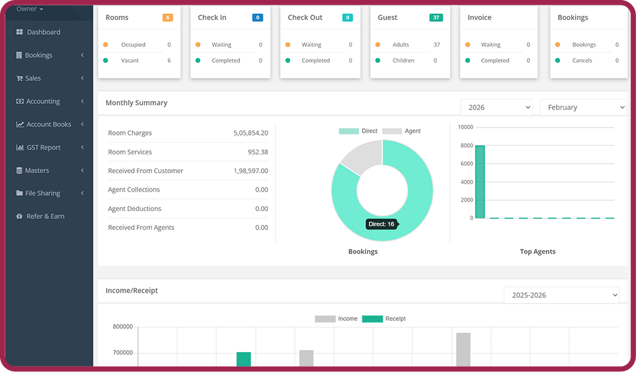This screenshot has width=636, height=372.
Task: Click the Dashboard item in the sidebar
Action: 43,32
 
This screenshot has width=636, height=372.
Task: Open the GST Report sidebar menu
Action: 43,147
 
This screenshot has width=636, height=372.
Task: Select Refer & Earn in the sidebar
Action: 45,216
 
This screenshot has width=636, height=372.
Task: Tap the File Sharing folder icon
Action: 20,193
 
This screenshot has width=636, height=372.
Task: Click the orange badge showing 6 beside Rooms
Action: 167,17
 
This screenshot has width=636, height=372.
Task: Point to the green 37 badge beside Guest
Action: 436,17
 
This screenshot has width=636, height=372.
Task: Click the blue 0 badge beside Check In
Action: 257,17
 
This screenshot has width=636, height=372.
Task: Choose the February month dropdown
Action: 583,107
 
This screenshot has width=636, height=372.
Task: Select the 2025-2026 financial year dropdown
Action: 561,295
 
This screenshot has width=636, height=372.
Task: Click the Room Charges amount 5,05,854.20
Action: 251,133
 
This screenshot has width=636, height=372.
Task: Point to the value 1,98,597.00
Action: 251,171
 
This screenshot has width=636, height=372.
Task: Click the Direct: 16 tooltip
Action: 381,224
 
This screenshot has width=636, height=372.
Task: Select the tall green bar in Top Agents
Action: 480,182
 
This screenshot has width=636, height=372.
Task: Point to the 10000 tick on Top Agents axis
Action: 465,127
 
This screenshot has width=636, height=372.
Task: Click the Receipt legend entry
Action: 384,319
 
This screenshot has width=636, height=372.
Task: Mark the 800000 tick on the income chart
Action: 123,327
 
